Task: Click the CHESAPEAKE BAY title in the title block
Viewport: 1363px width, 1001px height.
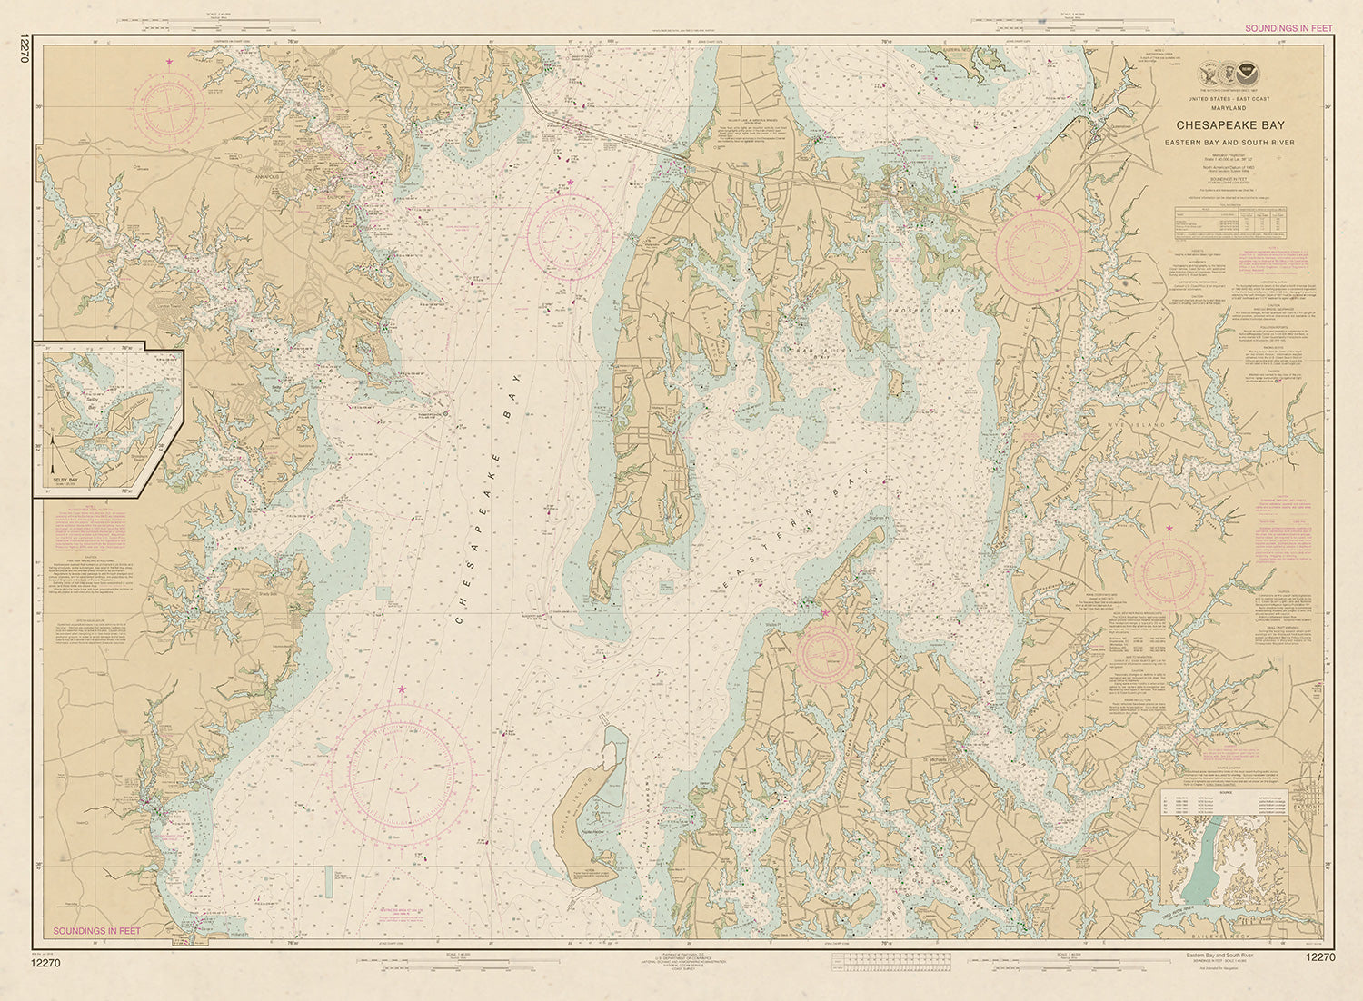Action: point(1231,125)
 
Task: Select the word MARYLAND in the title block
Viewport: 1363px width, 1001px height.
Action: point(1231,107)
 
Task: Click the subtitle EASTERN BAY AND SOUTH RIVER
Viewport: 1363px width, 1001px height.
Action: point(1231,143)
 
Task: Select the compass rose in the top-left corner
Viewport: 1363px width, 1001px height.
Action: point(170,107)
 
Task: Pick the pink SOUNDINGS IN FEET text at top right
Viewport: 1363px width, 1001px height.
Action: point(1288,28)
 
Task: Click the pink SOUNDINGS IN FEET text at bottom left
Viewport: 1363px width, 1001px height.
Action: point(97,931)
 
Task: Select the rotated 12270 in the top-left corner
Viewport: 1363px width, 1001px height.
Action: point(23,47)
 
